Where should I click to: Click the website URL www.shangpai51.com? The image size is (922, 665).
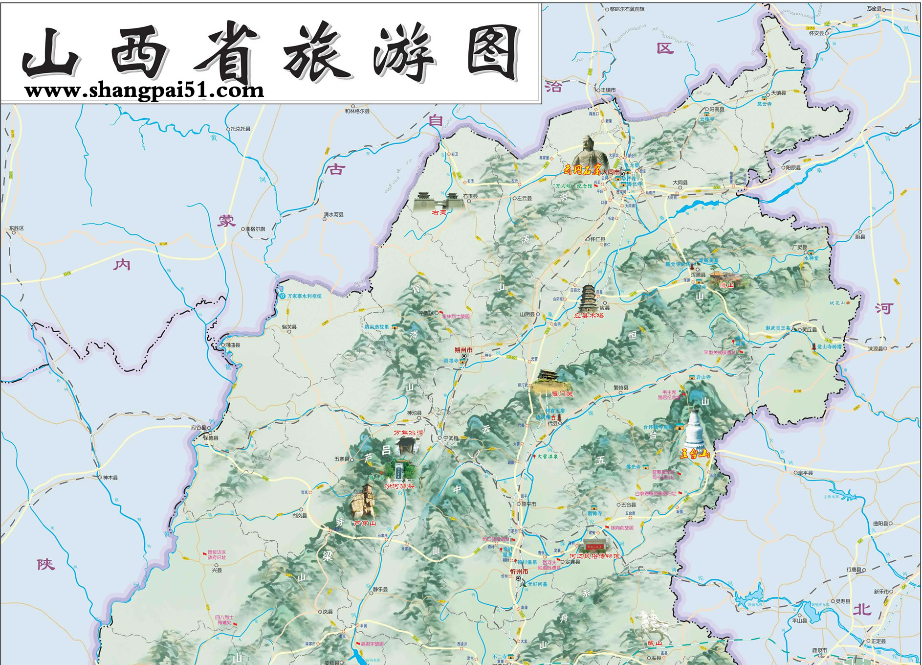[144, 91]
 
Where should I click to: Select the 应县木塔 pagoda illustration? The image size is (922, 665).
[587, 296]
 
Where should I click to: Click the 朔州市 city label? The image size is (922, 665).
[463, 350]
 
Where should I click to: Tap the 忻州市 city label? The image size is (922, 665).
[519, 572]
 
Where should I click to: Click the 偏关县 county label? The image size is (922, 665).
[289, 327]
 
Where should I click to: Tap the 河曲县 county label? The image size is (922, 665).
[233, 345]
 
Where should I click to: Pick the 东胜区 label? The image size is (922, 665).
[16, 228]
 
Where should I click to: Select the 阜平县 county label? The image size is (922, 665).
[804, 473]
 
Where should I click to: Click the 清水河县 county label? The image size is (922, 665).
[333, 214]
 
